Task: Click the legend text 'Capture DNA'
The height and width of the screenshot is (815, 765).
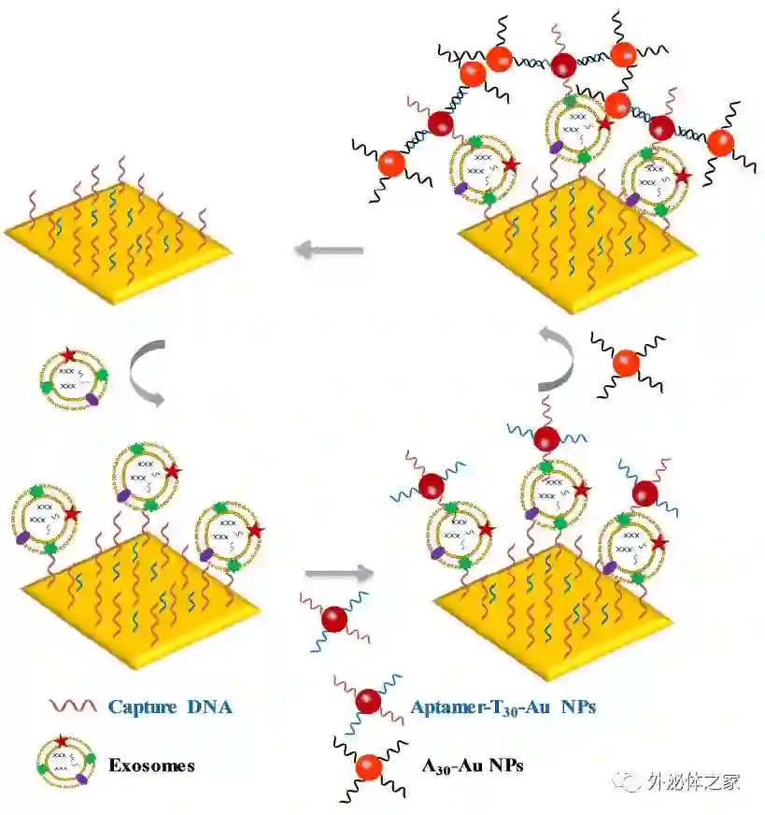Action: click(170, 707)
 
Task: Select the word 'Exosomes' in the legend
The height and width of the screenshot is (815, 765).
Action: click(151, 765)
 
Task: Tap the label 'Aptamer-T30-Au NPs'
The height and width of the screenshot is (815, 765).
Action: click(503, 707)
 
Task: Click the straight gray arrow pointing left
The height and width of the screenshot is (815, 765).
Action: click(328, 250)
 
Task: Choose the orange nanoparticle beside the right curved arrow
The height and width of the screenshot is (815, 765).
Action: click(626, 361)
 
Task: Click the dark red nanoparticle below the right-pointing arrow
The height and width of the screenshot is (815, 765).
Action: click(333, 618)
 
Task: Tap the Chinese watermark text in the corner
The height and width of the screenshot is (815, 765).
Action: click(693, 781)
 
